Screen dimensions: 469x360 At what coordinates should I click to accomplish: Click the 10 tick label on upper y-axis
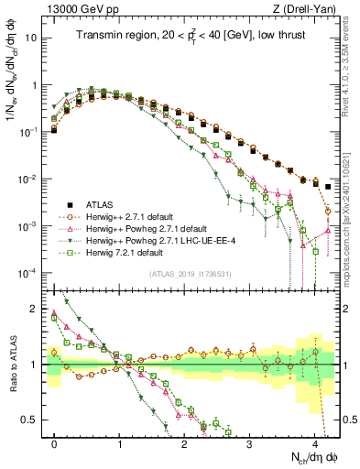click(30, 38)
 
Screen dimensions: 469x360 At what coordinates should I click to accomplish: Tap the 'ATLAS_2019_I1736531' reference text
click(194, 274)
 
